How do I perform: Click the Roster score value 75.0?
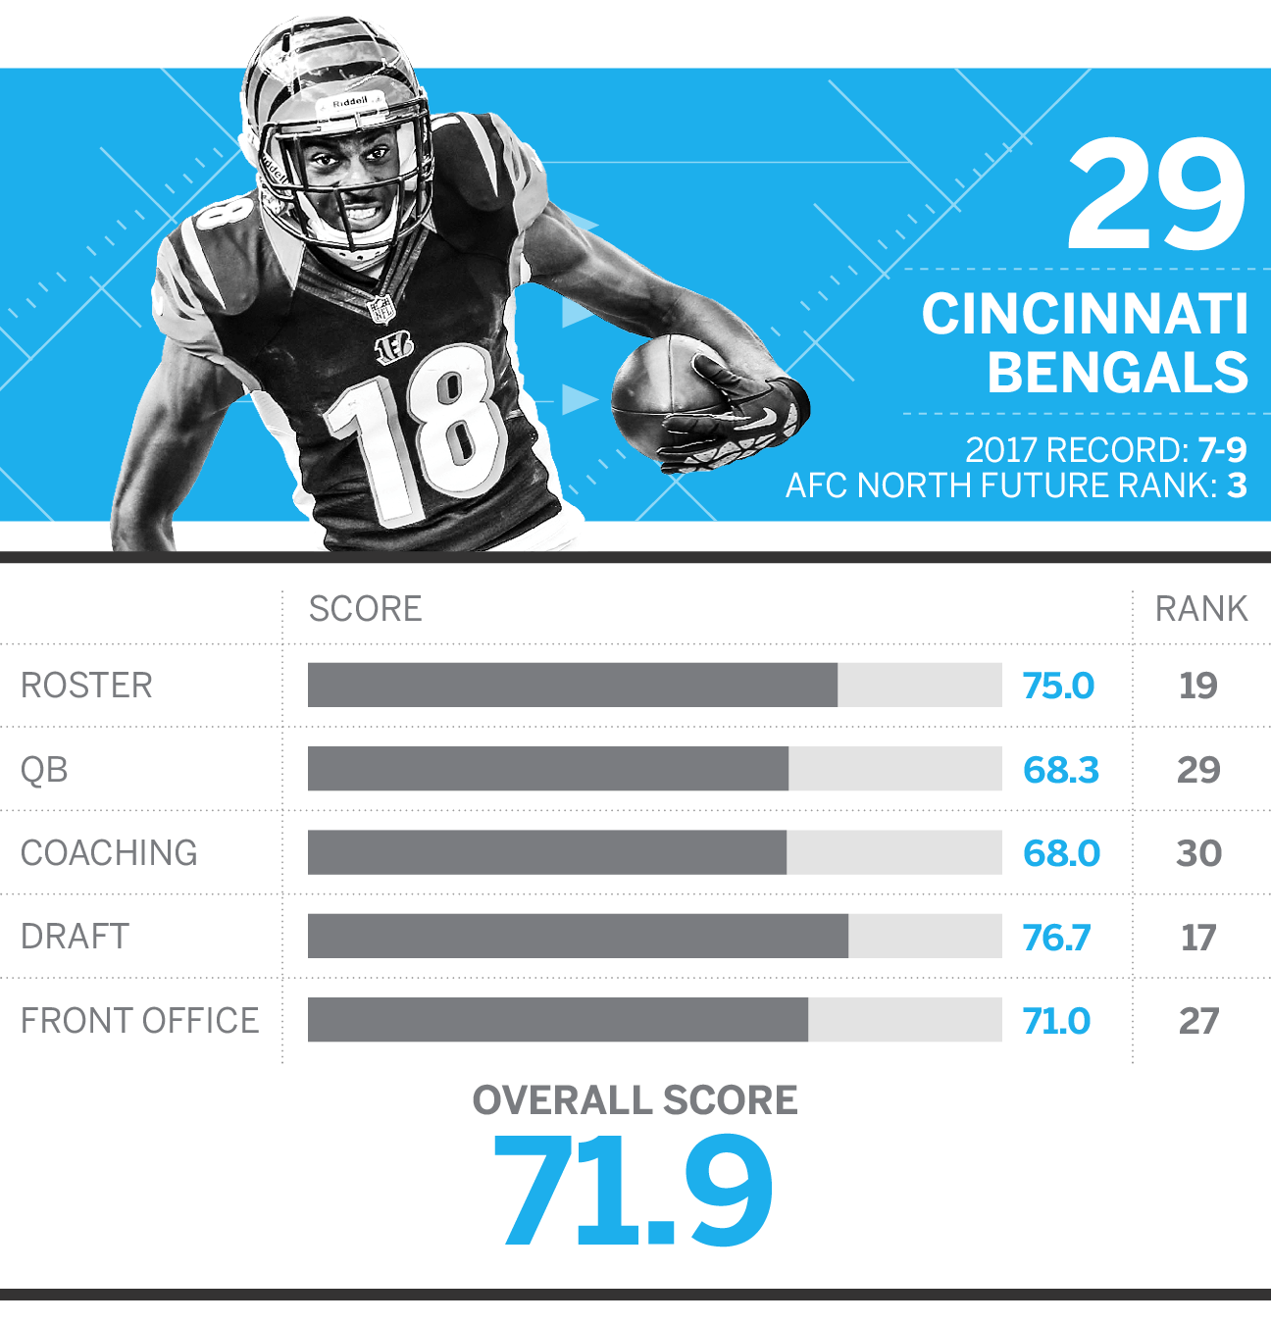coord(1058,686)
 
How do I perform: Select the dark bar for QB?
coord(548,769)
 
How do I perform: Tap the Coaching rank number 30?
coord(1198,853)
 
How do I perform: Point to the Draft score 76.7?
coord(1056,938)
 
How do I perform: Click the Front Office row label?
coord(139,1021)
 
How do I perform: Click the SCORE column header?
coord(366,608)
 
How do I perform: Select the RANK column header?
coord(1201,608)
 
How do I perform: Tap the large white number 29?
coord(1156,194)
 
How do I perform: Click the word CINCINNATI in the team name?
coord(1085,313)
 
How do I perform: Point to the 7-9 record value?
coord(1222,450)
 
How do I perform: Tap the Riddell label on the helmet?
coord(350,102)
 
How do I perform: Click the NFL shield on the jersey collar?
coord(381,309)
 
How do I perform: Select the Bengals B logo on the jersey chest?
coord(394,347)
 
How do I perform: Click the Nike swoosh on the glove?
coord(767,417)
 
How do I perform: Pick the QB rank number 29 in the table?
coord(1198,770)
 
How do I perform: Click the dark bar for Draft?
coord(579,937)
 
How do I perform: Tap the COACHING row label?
coord(109,853)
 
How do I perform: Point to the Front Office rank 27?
coord(1198,1021)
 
